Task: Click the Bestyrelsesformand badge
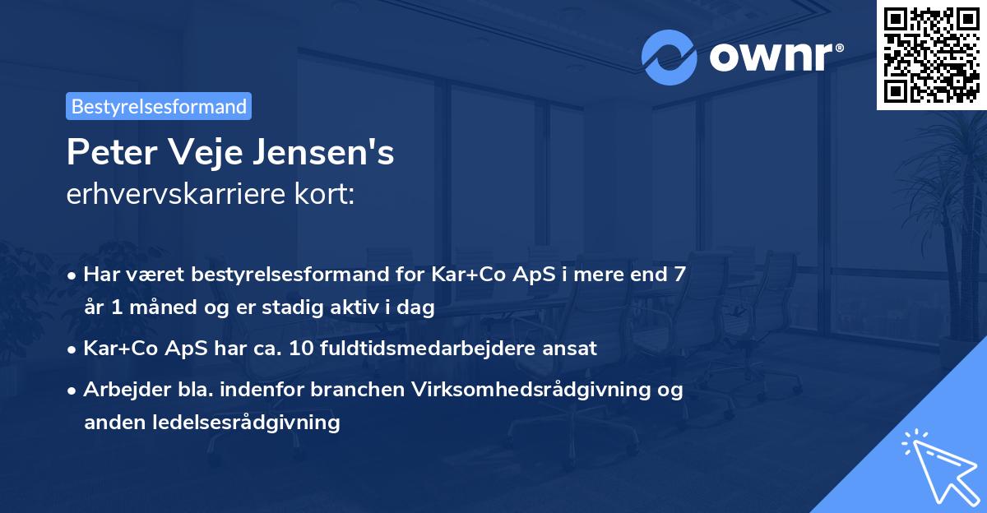coord(159,106)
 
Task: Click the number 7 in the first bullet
coord(679,275)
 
